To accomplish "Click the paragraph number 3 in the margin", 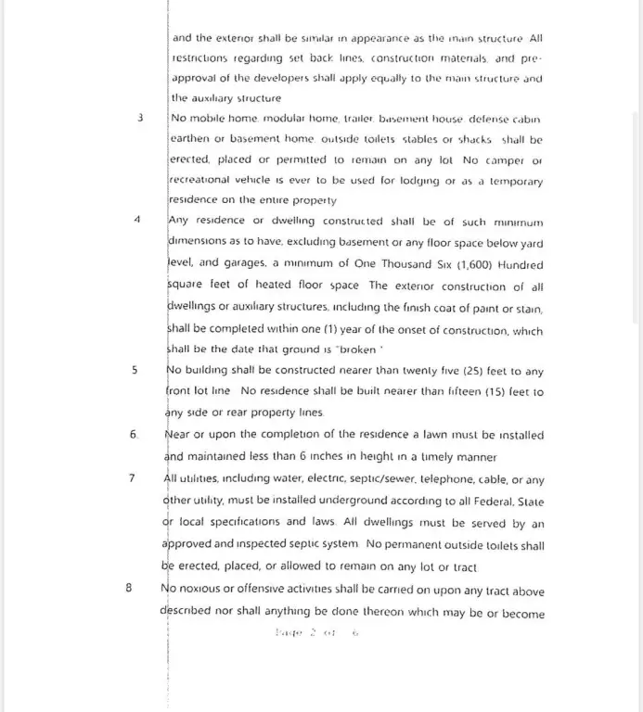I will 139,119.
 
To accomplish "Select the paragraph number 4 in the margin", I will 137,221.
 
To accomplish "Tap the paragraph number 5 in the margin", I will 135,370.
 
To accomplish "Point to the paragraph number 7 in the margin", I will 133,478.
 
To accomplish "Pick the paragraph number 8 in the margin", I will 129,587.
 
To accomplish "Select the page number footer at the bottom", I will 315,634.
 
